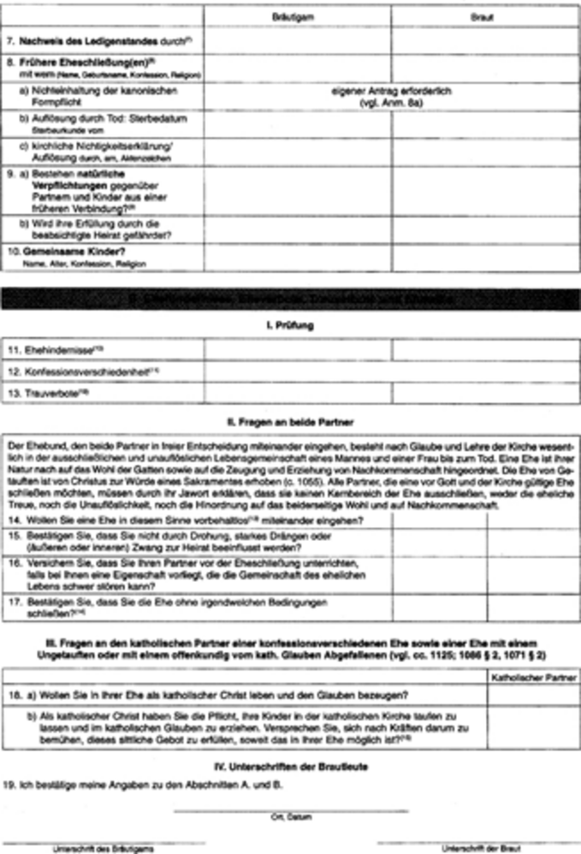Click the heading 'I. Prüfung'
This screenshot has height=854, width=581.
(291, 325)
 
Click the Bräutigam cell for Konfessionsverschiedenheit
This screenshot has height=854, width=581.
(298, 371)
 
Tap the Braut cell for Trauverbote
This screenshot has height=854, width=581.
(485, 393)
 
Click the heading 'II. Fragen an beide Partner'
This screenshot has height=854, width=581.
(291, 422)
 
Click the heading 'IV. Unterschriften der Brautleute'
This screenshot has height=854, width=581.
(291, 768)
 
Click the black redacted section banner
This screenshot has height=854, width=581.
(291, 299)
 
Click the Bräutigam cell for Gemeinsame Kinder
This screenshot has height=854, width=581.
(298, 258)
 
